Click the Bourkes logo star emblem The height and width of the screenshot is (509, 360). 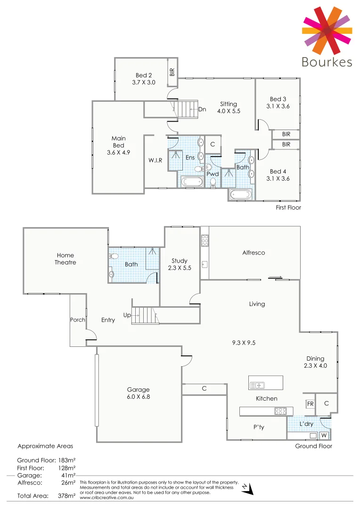point(327,30)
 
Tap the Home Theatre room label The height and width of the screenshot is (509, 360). point(65,259)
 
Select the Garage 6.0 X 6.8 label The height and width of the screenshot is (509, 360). point(138,393)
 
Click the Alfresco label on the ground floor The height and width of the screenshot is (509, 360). point(254,253)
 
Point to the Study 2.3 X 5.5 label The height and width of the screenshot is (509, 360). point(180,264)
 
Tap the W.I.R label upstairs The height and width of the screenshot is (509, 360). point(155,160)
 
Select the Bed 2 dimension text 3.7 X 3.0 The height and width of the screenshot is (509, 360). point(144,82)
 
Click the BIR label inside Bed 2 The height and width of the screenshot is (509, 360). point(172,72)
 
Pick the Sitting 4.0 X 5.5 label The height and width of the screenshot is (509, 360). point(229,107)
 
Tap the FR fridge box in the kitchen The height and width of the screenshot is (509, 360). point(310,404)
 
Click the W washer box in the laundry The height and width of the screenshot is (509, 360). point(324,435)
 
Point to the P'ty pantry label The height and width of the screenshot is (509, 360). point(258,427)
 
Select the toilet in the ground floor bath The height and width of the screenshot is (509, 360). point(114,257)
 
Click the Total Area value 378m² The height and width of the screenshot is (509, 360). point(66,496)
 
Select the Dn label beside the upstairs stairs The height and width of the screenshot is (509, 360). point(202,109)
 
